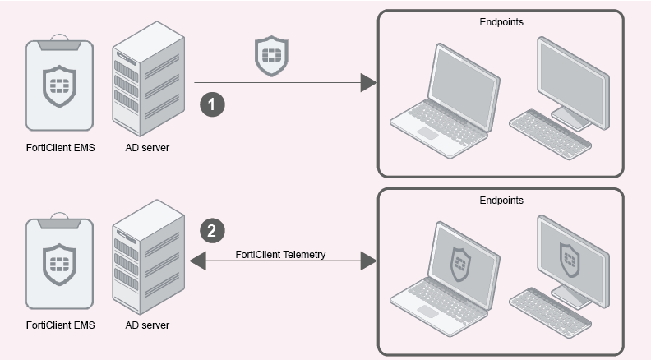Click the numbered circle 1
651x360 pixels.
point(213,104)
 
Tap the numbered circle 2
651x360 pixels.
point(211,231)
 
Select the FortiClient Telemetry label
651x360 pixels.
point(280,254)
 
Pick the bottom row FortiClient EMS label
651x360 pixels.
point(60,325)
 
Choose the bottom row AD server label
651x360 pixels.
point(147,325)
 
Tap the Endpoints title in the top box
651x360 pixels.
point(501,22)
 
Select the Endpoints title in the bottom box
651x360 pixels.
point(501,201)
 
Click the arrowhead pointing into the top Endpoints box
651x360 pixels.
point(368,82)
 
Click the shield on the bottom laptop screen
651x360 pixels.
point(459,262)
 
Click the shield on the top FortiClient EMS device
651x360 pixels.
point(59,86)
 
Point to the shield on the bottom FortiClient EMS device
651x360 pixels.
point(59,263)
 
